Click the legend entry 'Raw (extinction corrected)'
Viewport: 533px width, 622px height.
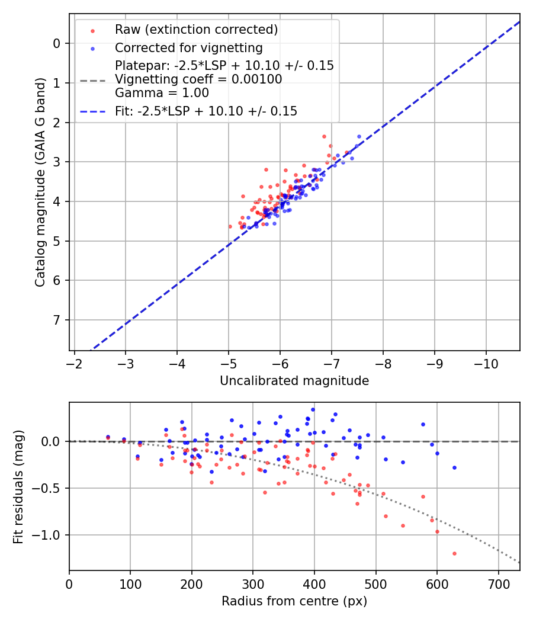click(196, 29)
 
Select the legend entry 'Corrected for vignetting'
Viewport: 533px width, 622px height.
click(188, 47)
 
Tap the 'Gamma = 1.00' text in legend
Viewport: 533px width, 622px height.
click(162, 93)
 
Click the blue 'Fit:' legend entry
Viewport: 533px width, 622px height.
click(206, 111)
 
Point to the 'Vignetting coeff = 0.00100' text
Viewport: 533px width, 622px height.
click(198, 79)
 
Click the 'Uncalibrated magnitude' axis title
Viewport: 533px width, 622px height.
click(294, 381)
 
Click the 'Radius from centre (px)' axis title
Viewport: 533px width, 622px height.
click(294, 601)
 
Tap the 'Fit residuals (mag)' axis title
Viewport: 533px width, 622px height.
click(18, 486)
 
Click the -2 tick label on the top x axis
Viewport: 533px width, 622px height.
click(75, 361)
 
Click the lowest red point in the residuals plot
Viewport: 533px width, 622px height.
click(454, 553)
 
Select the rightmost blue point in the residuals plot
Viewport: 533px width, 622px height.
click(454, 467)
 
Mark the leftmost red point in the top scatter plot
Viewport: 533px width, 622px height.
click(230, 226)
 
